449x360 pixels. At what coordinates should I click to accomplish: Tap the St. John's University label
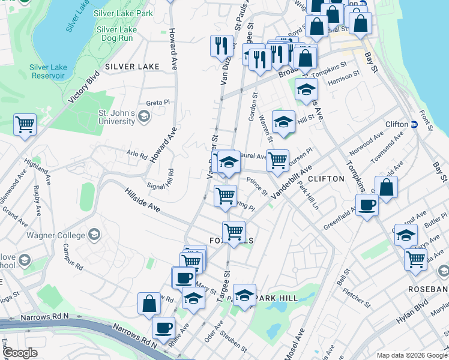117,117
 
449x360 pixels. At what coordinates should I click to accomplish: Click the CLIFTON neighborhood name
326,179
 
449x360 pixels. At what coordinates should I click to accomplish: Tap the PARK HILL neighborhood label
275,298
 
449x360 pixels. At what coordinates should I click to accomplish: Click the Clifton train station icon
414,124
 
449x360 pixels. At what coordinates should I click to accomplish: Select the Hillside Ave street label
142,200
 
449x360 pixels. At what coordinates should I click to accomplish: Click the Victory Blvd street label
83,89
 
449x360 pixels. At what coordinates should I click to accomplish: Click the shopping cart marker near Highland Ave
25,125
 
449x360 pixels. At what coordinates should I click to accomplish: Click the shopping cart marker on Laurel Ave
277,160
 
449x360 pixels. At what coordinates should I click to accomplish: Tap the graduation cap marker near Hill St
283,122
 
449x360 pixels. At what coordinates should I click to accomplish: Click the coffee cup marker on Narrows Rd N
163,328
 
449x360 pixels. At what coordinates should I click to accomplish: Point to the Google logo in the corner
20,353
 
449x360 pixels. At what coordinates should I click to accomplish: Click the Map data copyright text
412,355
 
